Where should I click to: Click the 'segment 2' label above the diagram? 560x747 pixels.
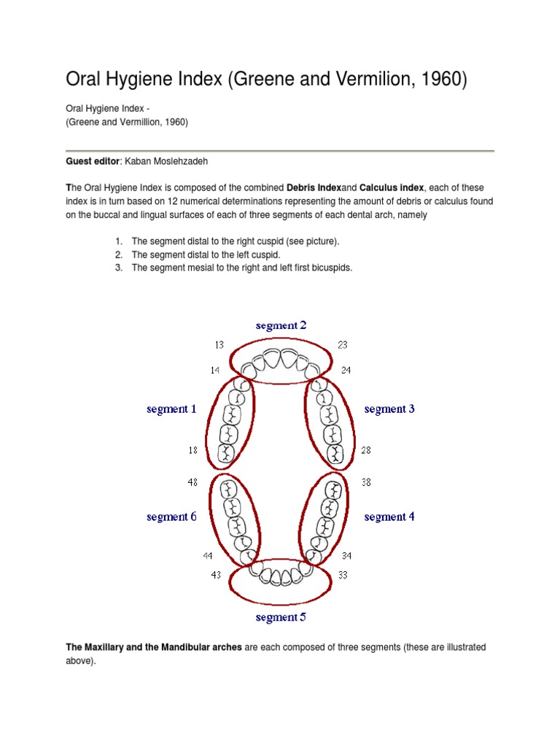281,325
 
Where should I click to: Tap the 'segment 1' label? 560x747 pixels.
171,409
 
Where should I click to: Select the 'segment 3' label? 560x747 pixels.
389,409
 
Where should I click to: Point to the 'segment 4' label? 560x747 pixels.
389,517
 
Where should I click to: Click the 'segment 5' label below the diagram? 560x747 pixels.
281,618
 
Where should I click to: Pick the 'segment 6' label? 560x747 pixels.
171,517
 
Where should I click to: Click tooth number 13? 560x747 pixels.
219,345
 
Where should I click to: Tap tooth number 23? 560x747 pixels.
343,345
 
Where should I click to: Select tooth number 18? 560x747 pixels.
192,451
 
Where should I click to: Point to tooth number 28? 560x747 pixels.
366,451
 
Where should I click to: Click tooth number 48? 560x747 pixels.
192,482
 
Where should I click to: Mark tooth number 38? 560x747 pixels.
366,482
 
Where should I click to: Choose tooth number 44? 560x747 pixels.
208,557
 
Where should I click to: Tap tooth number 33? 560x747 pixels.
343,575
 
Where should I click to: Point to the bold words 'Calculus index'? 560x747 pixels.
392,188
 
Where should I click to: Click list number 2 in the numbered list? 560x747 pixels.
118,255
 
